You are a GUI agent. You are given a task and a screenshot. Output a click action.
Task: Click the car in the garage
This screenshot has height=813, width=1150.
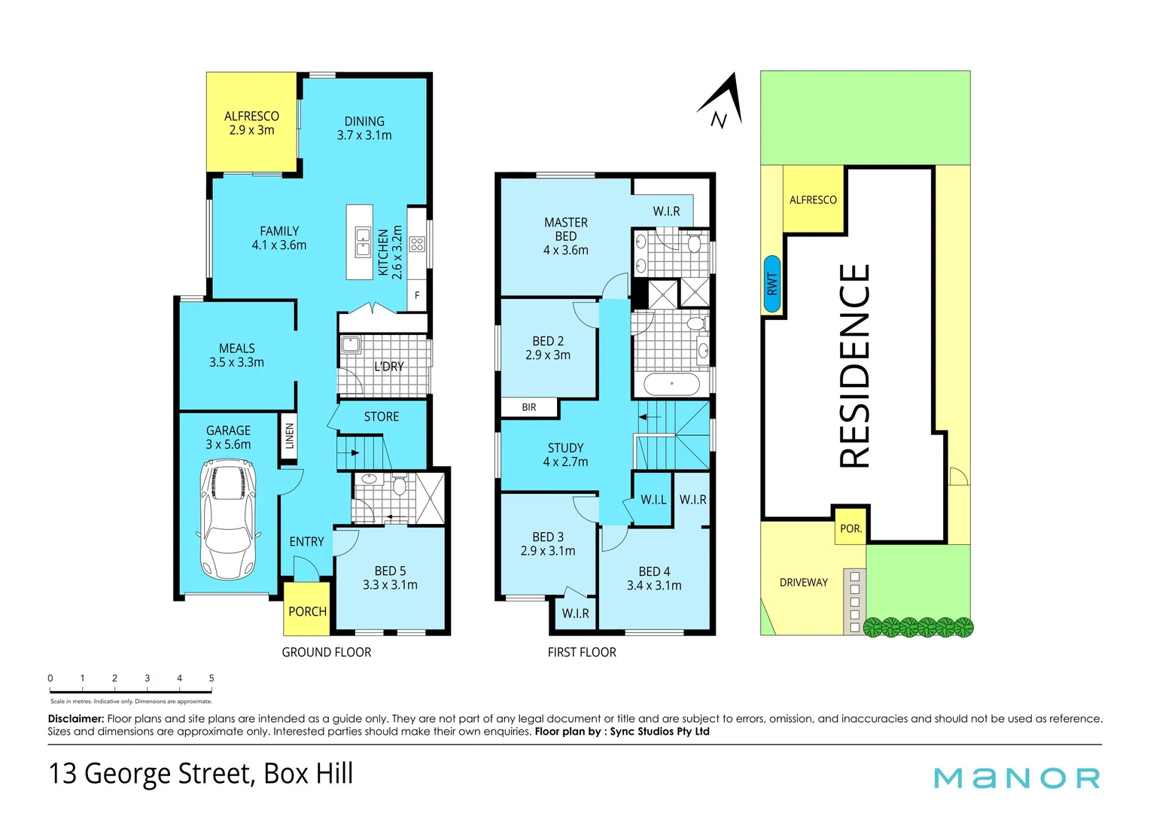(228, 520)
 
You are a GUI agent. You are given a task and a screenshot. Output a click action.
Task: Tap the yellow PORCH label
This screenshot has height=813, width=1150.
(307, 611)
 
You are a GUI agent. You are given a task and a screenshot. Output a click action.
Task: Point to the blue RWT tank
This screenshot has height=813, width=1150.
(771, 284)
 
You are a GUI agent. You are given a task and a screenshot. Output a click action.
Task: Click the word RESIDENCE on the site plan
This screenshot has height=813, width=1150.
(855, 366)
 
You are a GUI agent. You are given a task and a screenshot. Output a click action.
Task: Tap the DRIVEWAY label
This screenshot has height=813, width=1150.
(803, 583)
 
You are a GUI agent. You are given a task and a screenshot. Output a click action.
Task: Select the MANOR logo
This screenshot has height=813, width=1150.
(1017, 778)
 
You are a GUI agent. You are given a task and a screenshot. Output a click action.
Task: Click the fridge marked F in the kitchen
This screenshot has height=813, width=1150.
(417, 296)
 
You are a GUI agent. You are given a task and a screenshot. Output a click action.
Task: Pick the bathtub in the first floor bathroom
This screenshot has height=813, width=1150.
(671, 384)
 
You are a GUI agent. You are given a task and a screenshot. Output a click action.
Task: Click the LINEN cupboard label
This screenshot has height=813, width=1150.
(290, 436)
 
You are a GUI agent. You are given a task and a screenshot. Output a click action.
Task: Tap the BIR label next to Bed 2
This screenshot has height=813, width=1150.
(529, 407)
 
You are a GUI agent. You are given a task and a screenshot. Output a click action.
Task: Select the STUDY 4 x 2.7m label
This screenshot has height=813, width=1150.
(565, 455)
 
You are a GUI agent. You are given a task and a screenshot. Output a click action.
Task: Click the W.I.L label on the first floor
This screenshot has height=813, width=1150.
(653, 500)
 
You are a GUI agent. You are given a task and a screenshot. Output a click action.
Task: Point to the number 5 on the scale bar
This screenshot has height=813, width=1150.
(211, 678)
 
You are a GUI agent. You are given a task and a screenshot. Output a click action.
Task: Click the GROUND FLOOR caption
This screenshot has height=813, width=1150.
(326, 652)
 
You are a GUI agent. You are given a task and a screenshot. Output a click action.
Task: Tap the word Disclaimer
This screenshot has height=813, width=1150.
(75, 719)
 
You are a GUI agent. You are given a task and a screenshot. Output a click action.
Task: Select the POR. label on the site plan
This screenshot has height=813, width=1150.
(850, 528)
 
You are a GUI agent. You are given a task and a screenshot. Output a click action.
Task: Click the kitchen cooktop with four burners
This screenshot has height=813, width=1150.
(417, 244)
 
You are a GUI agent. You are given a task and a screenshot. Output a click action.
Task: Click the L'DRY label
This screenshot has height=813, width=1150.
(389, 367)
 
